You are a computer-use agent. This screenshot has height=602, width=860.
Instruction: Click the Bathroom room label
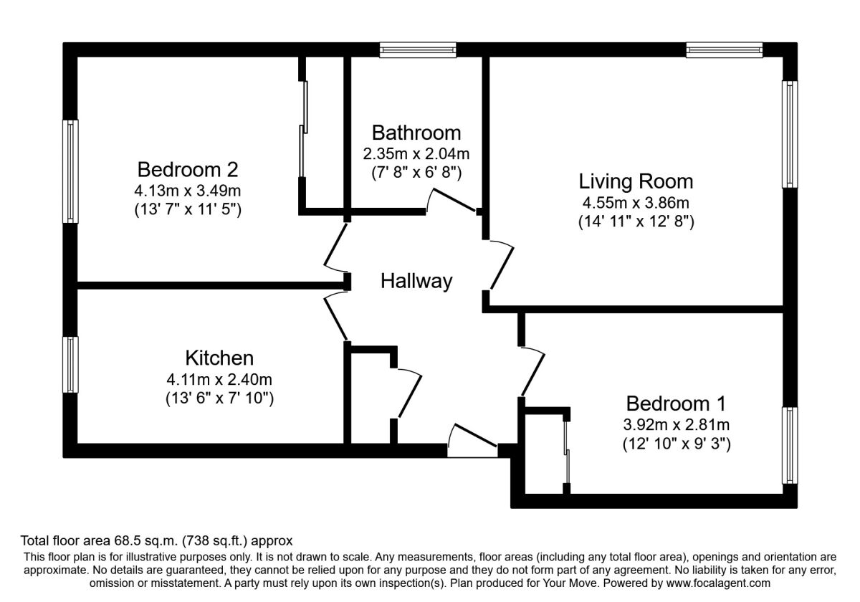(x=416, y=133)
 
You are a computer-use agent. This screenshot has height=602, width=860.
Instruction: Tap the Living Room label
(x=636, y=181)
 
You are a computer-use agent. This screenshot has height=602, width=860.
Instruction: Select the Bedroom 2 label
(x=187, y=170)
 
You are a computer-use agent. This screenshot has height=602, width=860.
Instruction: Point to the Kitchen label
(x=219, y=357)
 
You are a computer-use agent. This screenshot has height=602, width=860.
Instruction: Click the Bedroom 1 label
(x=676, y=402)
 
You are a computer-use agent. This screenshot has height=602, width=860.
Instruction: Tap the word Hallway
(x=416, y=281)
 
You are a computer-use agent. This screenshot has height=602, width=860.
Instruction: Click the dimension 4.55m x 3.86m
(x=636, y=203)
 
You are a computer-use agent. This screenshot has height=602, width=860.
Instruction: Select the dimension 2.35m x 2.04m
(x=416, y=153)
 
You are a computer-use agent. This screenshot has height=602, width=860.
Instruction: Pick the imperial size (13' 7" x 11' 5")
(x=187, y=211)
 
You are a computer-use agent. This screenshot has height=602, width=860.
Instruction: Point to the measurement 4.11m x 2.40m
(x=219, y=378)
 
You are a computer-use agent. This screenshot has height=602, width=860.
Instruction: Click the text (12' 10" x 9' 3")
(x=676, y=444)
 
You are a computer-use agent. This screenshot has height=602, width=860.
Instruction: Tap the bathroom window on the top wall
(x=418, y=49)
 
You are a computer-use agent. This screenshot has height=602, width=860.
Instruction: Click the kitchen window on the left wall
(x=70, y=365)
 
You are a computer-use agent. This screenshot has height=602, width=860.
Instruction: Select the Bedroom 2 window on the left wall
(x=70, y=172)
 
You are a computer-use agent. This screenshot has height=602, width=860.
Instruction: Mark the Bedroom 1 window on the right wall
(x=790, y=445)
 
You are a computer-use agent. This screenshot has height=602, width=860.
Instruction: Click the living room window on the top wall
(x=724, y=49)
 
